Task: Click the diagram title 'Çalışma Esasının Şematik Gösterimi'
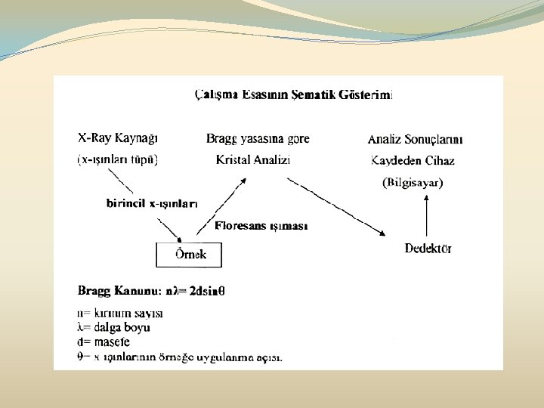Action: click(x=294, y=94)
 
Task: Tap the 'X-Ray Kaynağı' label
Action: click(x=118, y=139)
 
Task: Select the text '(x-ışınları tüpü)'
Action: click(x=118, y=160)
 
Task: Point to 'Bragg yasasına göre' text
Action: click(x=258, y=139)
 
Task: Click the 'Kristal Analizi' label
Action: click(x=253, y=160)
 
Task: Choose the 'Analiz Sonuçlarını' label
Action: click(x=416, y=140)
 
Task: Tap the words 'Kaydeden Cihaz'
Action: click(x=413, y=161)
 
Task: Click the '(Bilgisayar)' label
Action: click(x=413, y=182)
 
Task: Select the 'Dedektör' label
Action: click(x=428, y=249)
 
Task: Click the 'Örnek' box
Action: click(x=190, y=255)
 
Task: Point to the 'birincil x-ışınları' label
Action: click(x=151, y=203)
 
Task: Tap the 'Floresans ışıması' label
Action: click(x=261, y=226)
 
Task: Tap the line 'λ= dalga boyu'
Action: click(x=114, y=327)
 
